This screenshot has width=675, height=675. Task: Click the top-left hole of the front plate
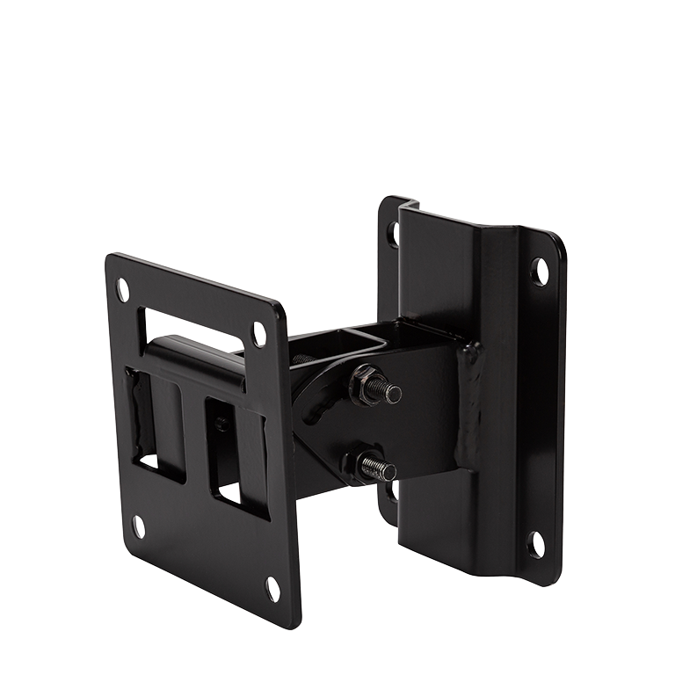pos(123,289)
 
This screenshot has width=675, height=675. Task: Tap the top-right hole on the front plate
pos(259,333)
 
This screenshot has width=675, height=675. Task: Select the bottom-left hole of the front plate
pos(139,526)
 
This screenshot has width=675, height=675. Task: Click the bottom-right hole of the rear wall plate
pos(535,544)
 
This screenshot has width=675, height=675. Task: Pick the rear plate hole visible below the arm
pos(391,492)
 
